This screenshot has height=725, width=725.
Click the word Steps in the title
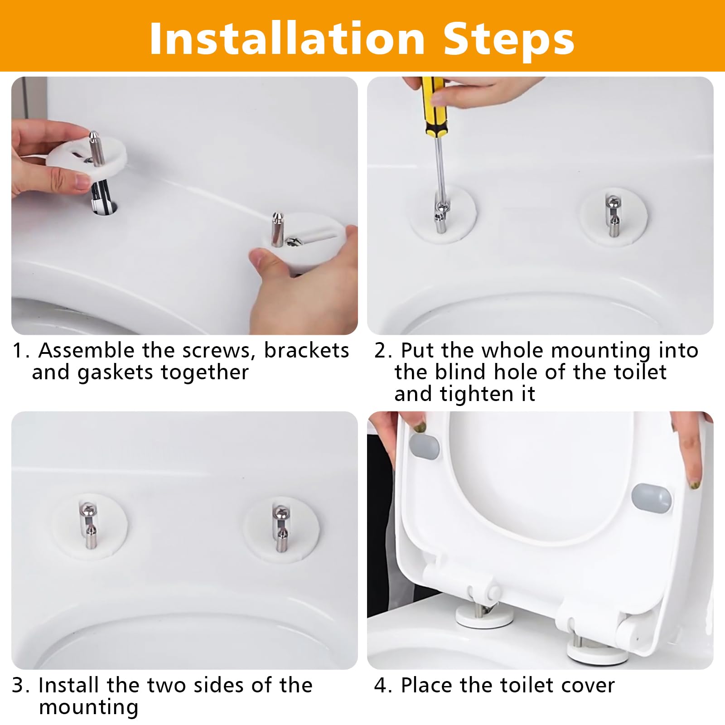click(509, 39)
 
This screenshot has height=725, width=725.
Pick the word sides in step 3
click(215, 685)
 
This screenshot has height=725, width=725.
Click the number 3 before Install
click(18, 686)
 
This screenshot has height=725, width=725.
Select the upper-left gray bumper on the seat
click(424, 447)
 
